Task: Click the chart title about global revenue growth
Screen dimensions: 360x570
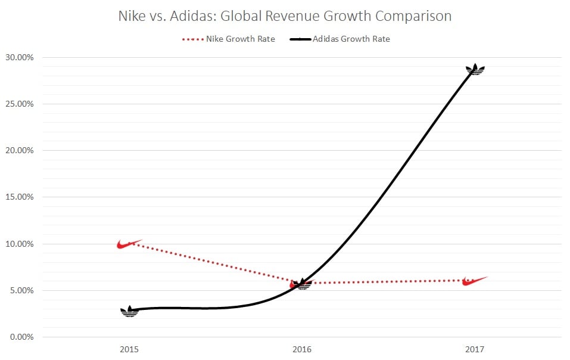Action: coord(285,16)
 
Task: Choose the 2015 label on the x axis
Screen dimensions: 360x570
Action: coord(129,347)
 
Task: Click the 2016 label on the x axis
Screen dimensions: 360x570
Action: coord(302,347)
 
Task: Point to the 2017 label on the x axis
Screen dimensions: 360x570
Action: coord(475,347)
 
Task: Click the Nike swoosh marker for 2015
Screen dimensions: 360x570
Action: coord(129,244)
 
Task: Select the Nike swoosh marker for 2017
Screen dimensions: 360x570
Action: coord(475,280)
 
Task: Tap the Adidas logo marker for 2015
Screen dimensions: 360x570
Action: coord(129,311)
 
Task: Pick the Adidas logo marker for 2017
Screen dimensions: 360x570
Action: coord(475,69)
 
